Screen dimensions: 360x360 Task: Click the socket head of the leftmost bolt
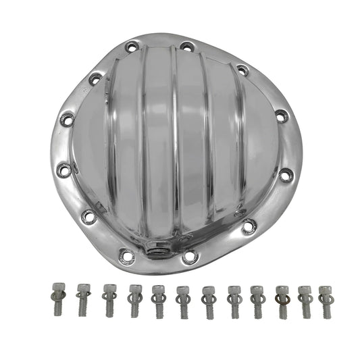(57, 288)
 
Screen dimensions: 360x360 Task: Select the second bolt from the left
(82, 291)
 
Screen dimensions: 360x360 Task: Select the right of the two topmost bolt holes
(184, 47)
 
